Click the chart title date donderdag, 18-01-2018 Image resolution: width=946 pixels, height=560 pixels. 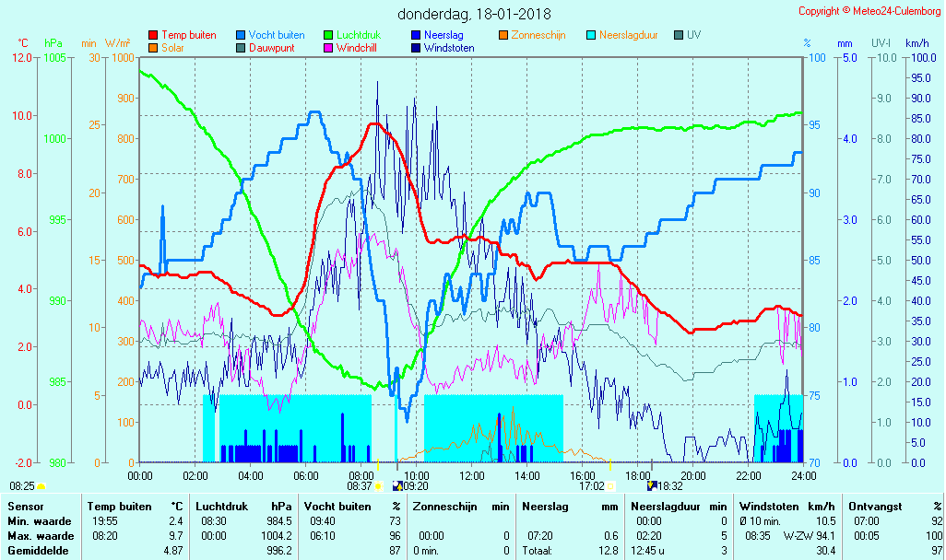[x=474, y=14]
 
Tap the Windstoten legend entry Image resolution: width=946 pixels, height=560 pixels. [x=449, y=48]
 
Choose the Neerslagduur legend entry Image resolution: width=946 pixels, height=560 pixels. [x=628, y=35]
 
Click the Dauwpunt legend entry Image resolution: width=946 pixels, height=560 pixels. [x=271, y=48]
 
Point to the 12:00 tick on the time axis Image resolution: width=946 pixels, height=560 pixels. [x=472, y=476]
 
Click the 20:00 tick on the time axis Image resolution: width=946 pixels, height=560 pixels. [x=693, y=476]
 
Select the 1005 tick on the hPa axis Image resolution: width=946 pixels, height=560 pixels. [x=54, y=57]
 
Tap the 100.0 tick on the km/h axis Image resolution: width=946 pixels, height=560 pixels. [x=917, y=57]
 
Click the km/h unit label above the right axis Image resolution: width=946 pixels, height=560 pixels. [x=916, y=43]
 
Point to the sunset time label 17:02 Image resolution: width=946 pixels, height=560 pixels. [x=590, y=486]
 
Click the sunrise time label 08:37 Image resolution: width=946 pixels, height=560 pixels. [x=360, y=486]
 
